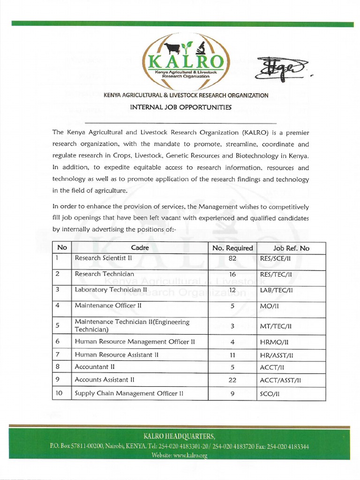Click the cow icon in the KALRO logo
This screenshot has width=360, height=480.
click(172, 48)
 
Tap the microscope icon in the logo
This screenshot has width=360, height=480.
click(202, 47)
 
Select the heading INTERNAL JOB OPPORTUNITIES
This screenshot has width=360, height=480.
click(180, 107)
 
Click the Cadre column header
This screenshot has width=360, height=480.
click(140, 248)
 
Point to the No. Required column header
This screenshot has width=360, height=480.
click(232, 248)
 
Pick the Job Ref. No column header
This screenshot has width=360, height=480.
click(291, 248)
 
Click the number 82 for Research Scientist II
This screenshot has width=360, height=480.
click(232, 258)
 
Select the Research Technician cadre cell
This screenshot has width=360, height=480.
click(104, 274)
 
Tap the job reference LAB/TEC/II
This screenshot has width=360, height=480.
click(276, 290)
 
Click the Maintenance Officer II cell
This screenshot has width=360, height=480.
click(108, 305)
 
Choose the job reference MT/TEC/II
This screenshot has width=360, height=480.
click(276, 326)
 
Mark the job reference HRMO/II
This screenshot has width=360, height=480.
click(274, 342)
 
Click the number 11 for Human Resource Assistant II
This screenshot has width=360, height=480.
click(232, 355)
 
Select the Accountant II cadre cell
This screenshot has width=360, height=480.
click(95, 367)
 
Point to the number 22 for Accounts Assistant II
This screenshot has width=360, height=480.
click(232, 380)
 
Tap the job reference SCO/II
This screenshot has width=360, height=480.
click(270, 394)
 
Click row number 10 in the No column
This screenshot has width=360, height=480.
click(60, 393)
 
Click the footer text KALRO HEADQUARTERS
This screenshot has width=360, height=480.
click(180, 436)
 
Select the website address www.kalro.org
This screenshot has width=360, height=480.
click(190, 455)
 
